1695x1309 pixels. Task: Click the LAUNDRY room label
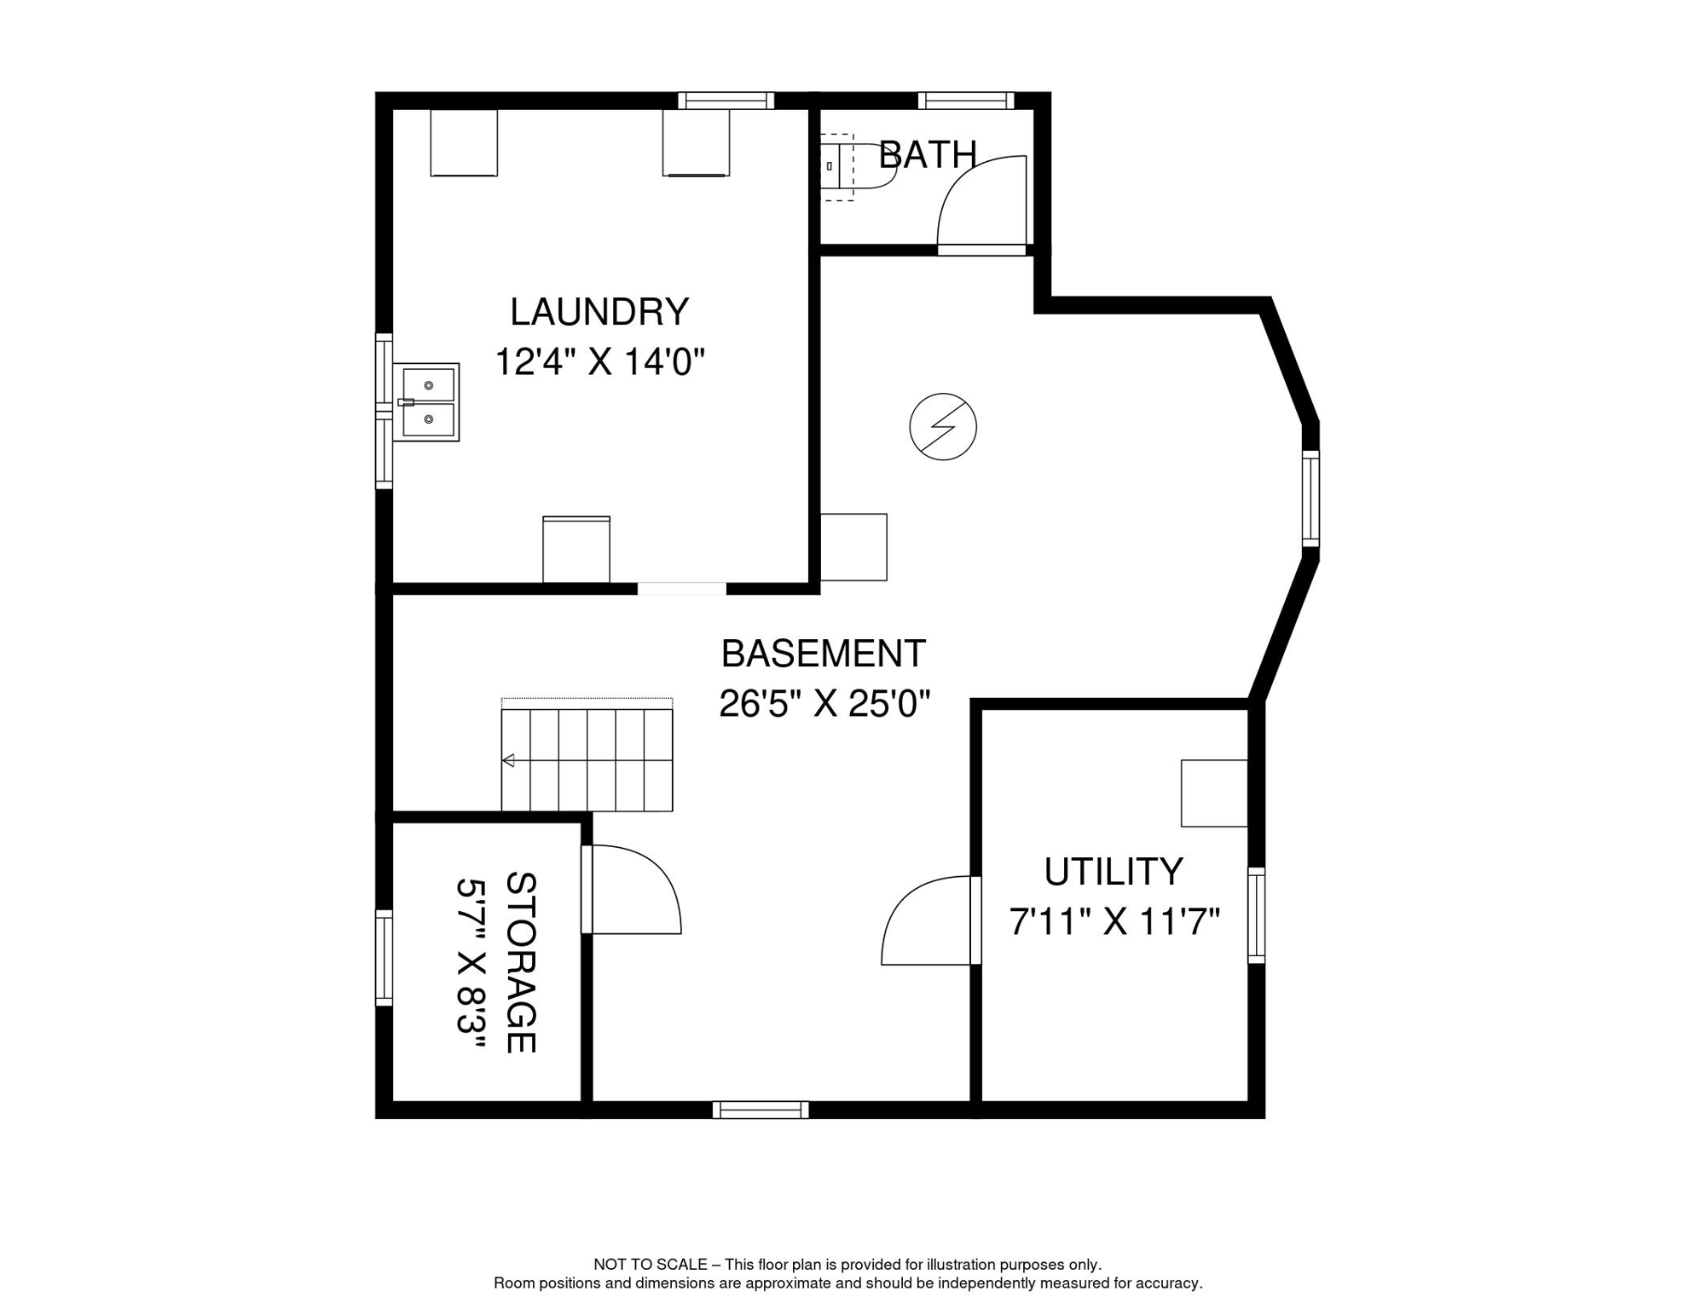(x=599, y=313)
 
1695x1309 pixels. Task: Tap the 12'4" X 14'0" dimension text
(x=599, y=362)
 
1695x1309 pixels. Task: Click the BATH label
(x=927, y=155)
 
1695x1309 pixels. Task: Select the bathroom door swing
(x=981, y=205)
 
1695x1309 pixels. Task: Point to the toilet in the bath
(x=857, y=166)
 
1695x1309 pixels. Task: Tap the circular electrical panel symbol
(x=942, y=427)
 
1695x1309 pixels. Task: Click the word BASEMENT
(x=823, y=654)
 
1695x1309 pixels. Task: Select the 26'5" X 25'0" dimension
(x=824, y=705)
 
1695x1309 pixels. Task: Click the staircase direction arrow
(x=509, y=760)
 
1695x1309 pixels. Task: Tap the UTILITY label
(x=1114, y=873)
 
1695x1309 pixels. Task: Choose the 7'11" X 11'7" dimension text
(x=1114, y=922)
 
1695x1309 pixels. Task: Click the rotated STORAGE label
(x=520, y=962)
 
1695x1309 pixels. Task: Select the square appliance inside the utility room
(x=1213, y=793)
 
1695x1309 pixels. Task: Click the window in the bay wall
(x=1310, y=499)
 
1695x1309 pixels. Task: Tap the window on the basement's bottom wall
(x=761, y=1110)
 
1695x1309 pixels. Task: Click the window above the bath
(x=966, y=101)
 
